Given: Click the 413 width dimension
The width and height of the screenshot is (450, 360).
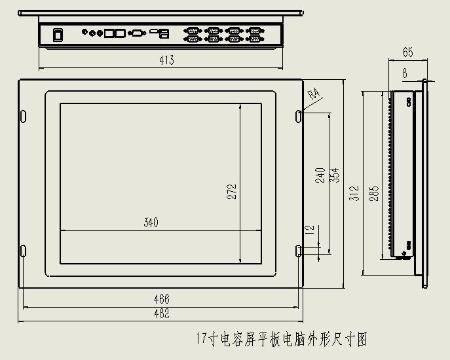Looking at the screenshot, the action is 166,60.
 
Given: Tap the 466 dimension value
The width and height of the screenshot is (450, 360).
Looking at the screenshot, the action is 162,299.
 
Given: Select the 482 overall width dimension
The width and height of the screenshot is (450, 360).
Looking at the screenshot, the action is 162,314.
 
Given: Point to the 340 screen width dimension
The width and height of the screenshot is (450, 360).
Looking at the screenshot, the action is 151,223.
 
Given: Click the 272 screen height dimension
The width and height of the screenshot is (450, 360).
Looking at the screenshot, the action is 232,192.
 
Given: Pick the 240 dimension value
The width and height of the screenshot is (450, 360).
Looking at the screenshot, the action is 320,175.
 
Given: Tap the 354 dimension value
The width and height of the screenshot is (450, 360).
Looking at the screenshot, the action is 334,175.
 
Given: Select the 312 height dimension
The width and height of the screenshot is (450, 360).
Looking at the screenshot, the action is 354,193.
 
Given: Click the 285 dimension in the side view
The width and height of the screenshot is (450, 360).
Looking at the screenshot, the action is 374,193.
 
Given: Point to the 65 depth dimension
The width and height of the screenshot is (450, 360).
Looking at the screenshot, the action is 408,52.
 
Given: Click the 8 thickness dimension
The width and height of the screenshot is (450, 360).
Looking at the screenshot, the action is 405,73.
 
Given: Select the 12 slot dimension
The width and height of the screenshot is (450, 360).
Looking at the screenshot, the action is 310,230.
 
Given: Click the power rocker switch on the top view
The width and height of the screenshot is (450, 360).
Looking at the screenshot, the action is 58,35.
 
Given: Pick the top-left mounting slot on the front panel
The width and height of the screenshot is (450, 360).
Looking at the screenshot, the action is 23,116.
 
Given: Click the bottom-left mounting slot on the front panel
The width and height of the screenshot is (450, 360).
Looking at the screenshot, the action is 23,251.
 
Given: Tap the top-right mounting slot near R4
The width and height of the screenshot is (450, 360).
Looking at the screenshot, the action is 299,116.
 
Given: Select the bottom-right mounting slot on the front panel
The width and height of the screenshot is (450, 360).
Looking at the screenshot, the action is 299,251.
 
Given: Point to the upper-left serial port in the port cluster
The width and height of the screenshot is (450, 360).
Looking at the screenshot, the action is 193,30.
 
